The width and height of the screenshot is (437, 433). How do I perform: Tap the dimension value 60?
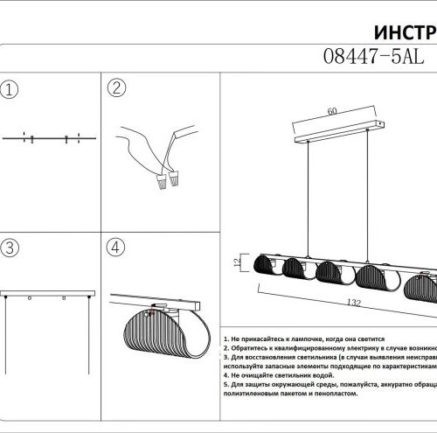click(331, 112)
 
